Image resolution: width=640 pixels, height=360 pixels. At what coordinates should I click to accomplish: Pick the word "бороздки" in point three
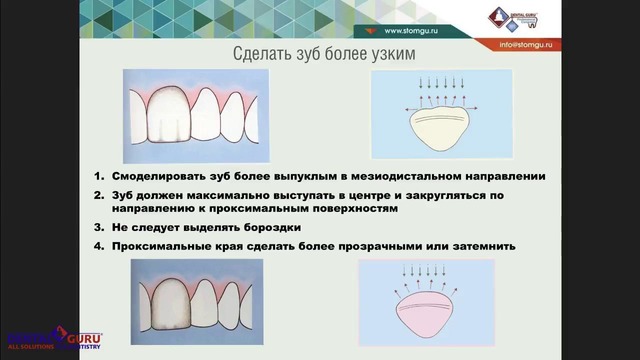[x=270, y=227]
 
